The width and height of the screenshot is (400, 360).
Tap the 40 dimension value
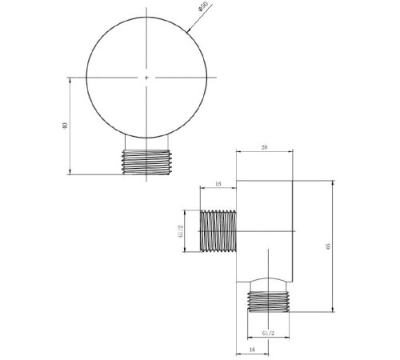pyautogui.click(x=65, y=126)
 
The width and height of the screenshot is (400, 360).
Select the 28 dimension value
pyautogui.click(x=264, y=147)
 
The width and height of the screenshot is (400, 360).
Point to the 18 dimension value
pyautogui.click(x=218, y=184)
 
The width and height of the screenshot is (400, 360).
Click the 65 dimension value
pyautogui.click(x=328, y=246)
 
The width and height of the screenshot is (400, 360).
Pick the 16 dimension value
pyautogui.click(x=253, y=350)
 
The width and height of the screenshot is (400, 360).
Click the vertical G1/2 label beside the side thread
pyautogui.click(x=181, y=231)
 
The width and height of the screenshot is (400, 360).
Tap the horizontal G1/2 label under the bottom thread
pyautogui.click(x=268, y=333)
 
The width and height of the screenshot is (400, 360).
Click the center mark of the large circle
pyautogui.click(x=146, y=78)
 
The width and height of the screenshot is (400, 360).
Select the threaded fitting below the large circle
pyautogui.click(x=146, y=162)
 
